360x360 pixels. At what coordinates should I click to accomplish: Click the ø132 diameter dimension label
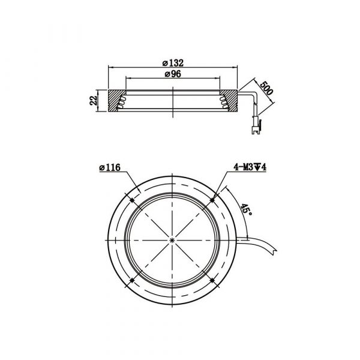173,62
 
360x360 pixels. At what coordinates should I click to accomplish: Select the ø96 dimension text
173,74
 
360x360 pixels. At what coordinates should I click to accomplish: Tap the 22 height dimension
93,101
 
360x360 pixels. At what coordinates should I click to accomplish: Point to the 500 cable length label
266,88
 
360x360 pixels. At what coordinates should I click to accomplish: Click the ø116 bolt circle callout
110,167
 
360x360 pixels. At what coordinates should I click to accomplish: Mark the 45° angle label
246,209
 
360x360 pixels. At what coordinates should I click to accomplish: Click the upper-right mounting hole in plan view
212,200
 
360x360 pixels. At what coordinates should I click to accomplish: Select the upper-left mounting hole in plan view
132,200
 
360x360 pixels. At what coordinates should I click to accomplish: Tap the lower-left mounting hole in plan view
132,280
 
